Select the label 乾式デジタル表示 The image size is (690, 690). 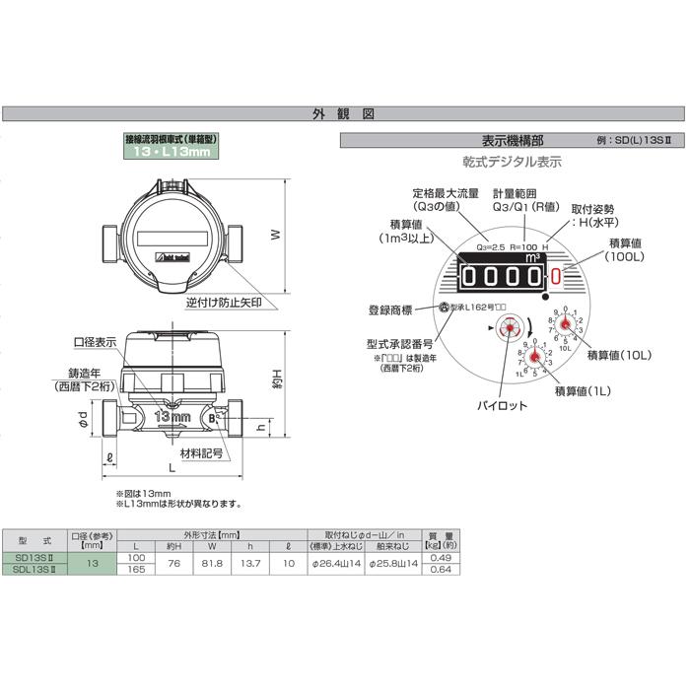(513, 162)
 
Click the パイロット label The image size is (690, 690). (503, 405)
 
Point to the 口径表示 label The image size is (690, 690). (95, 341)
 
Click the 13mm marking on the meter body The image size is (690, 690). (172, 417)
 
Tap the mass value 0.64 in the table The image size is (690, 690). (441, 569)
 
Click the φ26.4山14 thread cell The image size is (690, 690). (336, 564)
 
